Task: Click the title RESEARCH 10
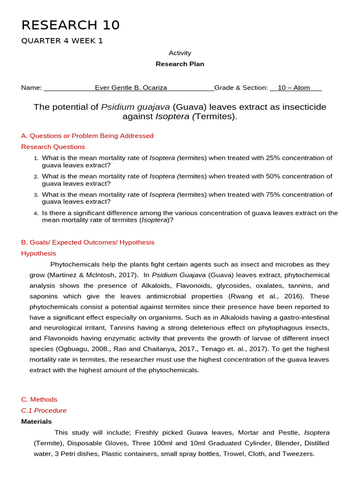click(70, 25)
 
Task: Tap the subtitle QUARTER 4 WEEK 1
click(62, 41)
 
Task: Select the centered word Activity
click(180, 53)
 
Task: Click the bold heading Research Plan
click(180, 64)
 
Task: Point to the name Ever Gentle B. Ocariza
click(131, 88)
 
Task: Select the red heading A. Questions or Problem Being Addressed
click(87, 136)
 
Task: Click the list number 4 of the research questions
click(36, 213)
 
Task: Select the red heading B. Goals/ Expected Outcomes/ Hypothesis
click(88, 242)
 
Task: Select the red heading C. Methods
click(39, 399)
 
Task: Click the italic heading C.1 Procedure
click(44, 411)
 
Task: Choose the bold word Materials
click(36, 421)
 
